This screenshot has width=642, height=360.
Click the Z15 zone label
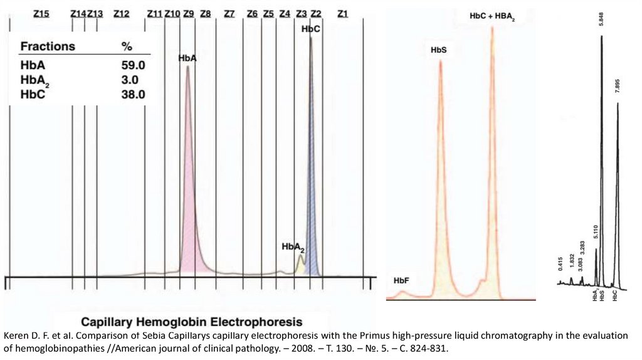(x=41, y=14)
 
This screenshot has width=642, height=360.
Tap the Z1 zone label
(x=342, y=14)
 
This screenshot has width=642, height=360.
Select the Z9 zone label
(x=189, y=14)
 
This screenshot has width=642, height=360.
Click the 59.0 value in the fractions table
(x=134, y=65)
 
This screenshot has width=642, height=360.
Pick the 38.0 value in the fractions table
(x=134, y=95)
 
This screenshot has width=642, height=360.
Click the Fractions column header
(x=48, y=47)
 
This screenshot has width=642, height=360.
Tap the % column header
(x=127, y=47)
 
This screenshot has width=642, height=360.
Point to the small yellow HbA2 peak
(x=300, y=265)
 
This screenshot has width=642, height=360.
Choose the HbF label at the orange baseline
(x=401, y=280)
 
